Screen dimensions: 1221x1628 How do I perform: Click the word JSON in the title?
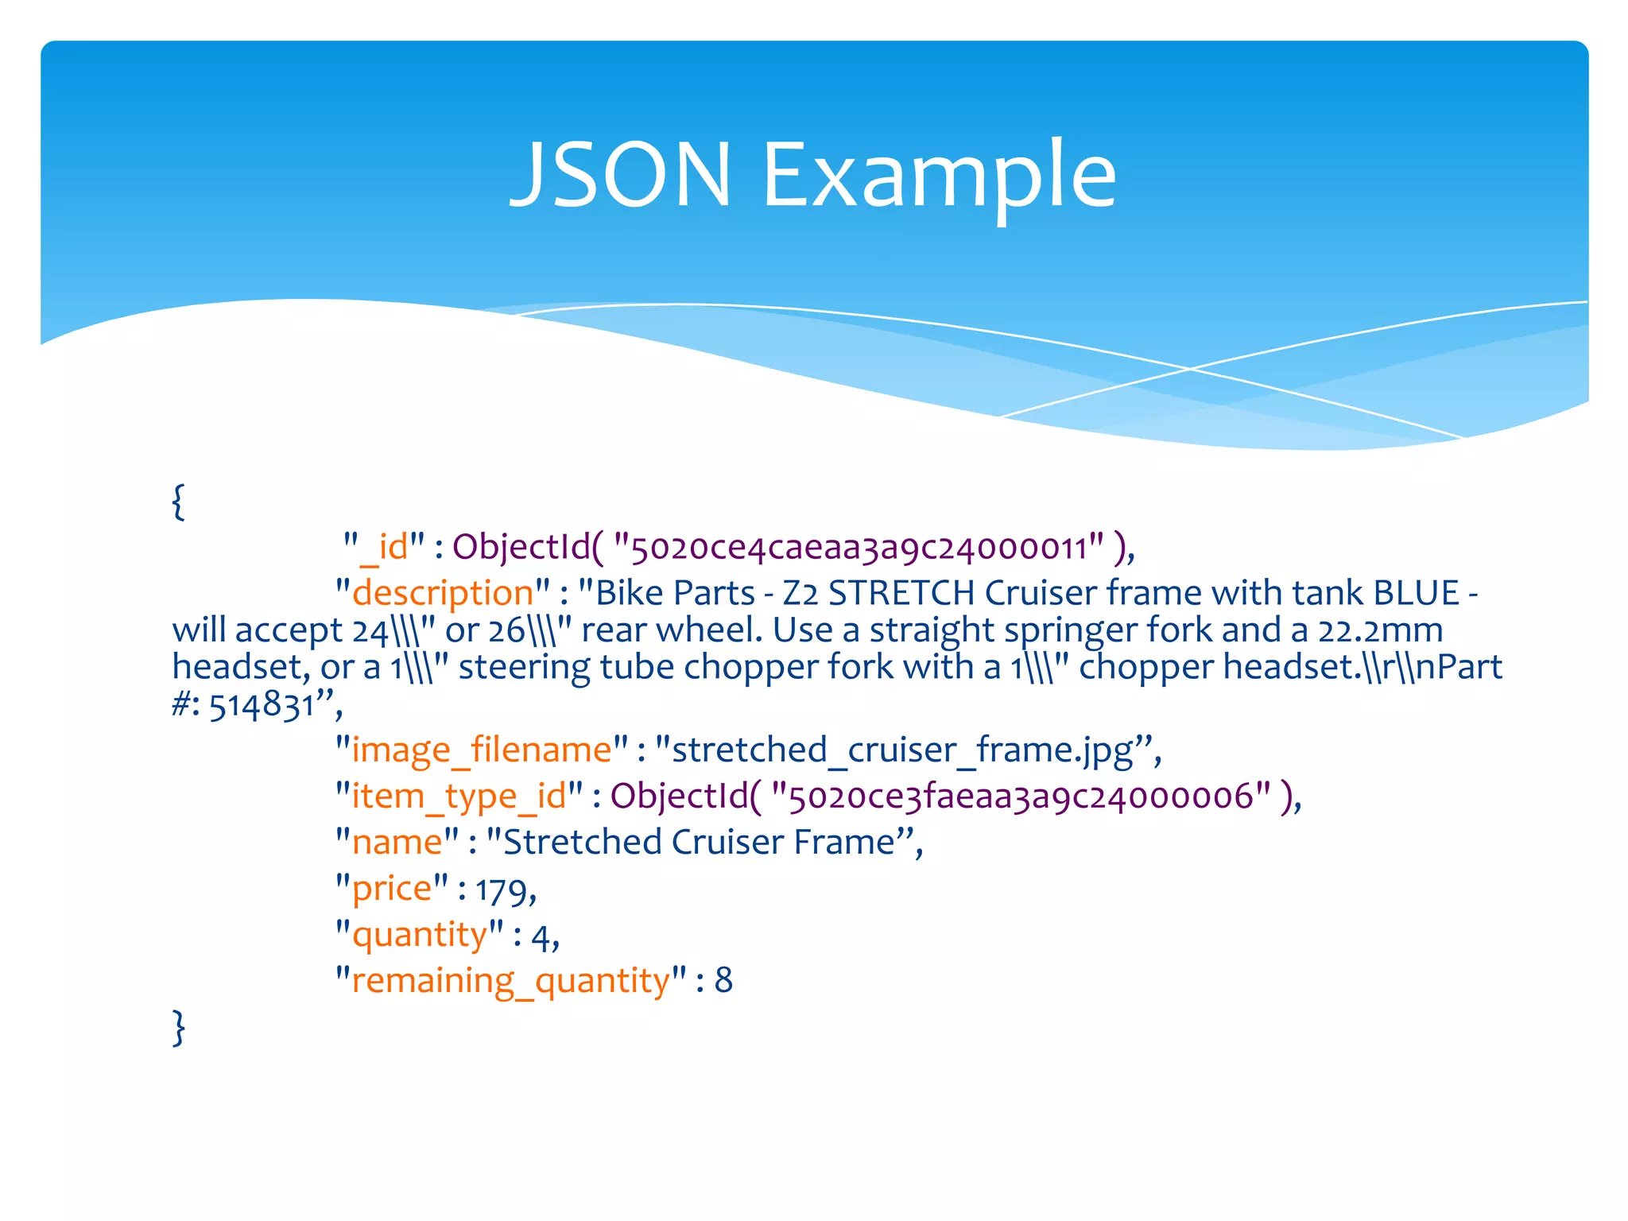[620, 174]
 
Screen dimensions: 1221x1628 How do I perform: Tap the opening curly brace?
[179, 502]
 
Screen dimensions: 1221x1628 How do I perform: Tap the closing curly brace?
[179, 1026]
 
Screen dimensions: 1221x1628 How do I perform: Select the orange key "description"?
[443, 593]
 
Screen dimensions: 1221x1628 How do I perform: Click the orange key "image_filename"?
[482, 750]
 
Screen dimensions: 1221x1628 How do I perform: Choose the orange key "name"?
[397, 842]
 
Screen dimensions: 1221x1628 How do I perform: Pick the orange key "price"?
[392, 889]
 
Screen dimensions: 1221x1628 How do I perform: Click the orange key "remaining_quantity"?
[511, 981]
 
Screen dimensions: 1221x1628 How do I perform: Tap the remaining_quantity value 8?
[723, 980]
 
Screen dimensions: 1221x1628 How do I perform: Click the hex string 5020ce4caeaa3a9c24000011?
[859, 548]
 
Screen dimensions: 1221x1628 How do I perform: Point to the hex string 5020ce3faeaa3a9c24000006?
[1021, 797]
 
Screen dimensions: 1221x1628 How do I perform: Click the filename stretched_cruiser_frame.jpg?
[902, 750]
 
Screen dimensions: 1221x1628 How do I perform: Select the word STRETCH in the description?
[901, 593]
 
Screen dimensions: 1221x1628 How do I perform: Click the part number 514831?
[262, 704]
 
